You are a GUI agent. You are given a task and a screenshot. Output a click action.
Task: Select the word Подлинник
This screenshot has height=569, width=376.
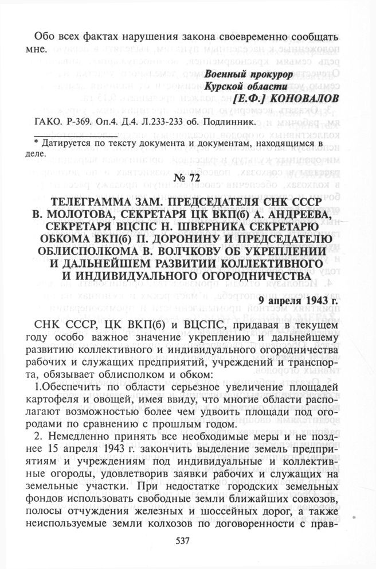(x=229, y=122)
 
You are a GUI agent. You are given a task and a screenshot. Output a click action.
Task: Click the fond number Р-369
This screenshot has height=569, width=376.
(x=87, y=122)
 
